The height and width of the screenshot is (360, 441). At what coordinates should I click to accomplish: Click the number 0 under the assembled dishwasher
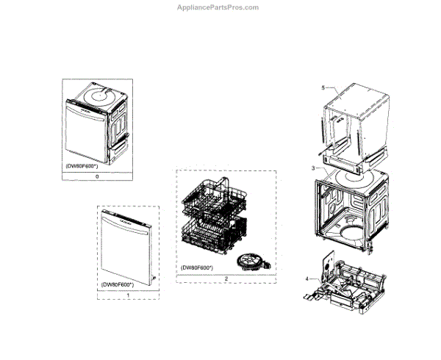click(97, 177)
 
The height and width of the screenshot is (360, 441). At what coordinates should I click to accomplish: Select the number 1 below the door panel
click(129, 295)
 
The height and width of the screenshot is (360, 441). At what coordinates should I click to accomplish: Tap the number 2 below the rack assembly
click(226, 279)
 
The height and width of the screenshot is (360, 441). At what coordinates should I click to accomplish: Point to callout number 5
click(323, 87)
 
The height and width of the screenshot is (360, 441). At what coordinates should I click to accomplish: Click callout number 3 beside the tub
click(313, 168)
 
